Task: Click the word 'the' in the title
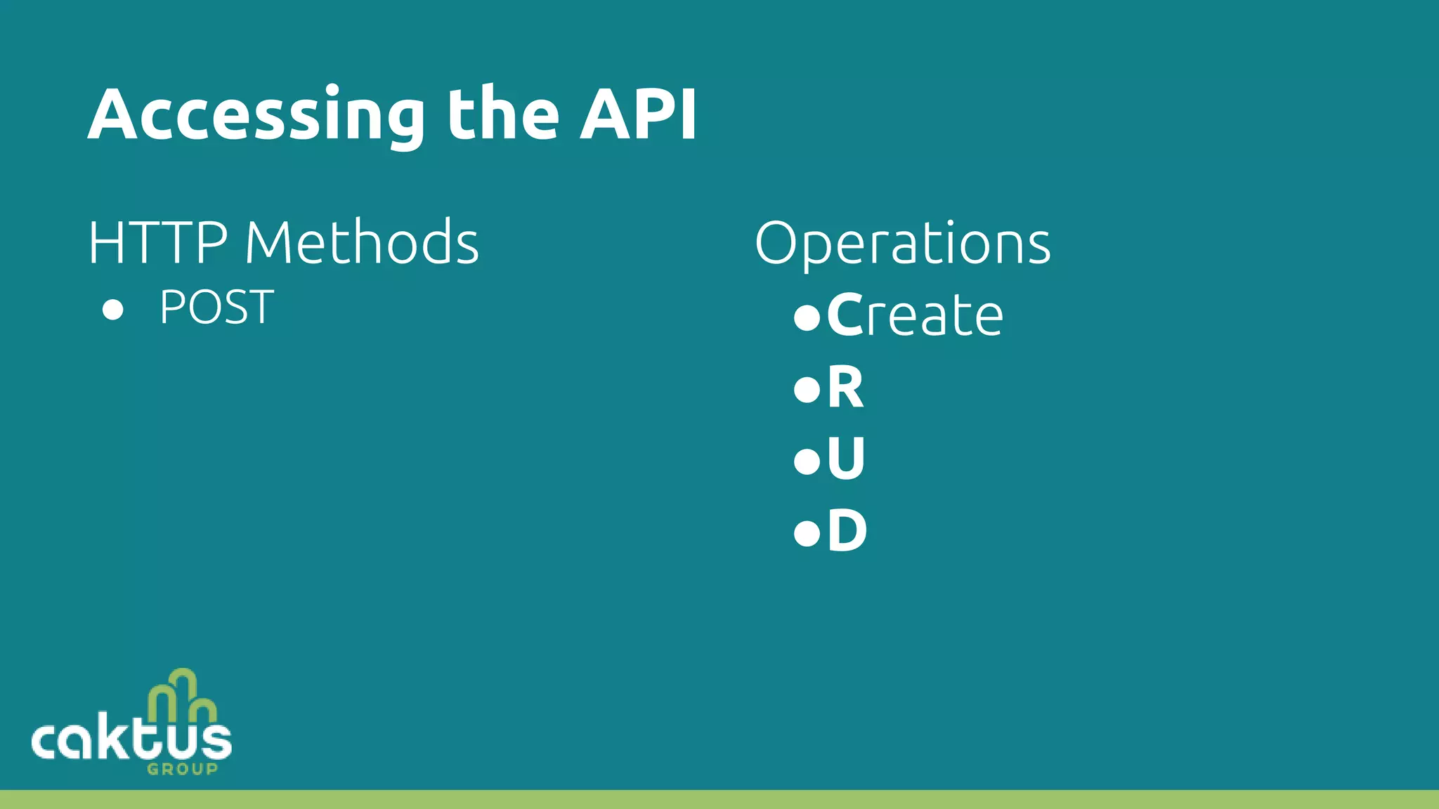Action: click(x=503, y=114)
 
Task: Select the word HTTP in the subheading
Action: click(x=158, y=243)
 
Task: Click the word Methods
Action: click(x=362, y=243)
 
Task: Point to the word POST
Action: click(x=216, y=308)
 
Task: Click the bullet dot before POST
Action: click(x=112, y=309)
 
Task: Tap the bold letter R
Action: click(x=845, y=388)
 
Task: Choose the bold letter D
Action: click(x=847, y=532)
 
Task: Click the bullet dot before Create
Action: click(x=807, y=317)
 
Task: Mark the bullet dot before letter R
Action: click(x=807, y=389)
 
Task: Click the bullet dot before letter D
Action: click(x=807, y=533)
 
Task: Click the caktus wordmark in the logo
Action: click(x=131, y=741)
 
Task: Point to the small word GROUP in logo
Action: click(x=183, y=769)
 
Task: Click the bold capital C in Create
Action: click(x=844, y=315)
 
